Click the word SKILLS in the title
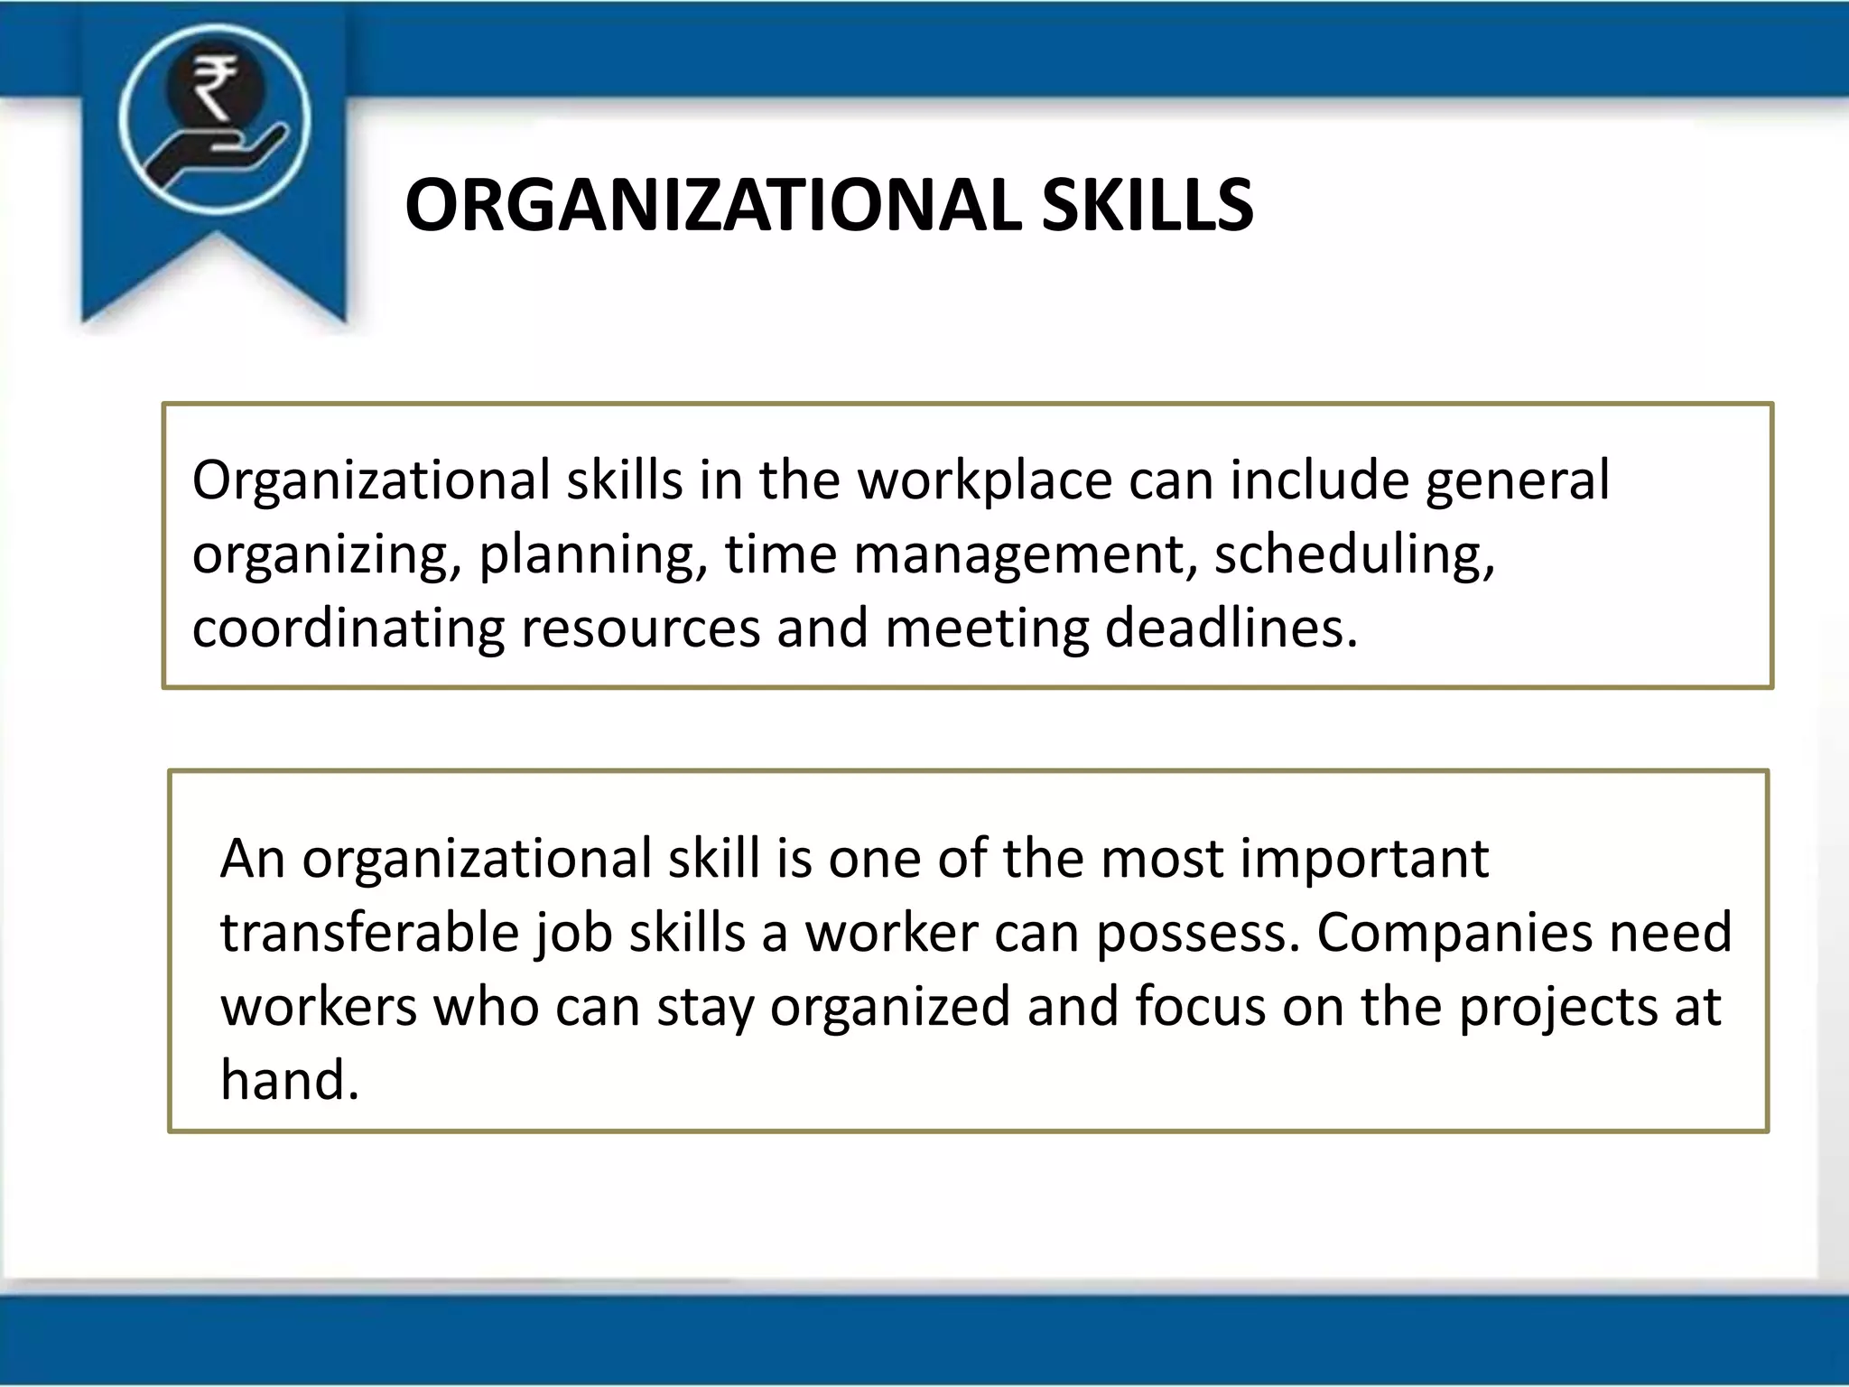click(1147, 206)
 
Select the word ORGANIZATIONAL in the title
click(713, 206)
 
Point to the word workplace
click(984, 479)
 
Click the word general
click(1517, 481)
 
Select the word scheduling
click(1354, 555)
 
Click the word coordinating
click(348, 629)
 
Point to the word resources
click(640, 629)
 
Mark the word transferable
click(369, 933)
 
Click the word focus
click(1201, 1007)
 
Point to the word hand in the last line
click(289, 1080)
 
